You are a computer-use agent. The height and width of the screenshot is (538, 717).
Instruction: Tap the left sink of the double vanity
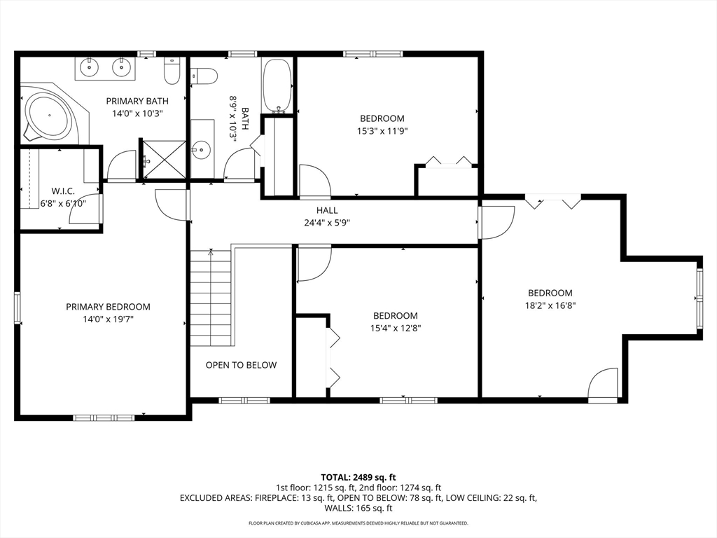coord(89,68)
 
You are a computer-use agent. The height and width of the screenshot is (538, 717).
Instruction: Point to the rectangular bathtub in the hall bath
coord(277,85)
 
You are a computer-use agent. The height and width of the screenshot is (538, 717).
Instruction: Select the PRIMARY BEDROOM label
coord(108,307)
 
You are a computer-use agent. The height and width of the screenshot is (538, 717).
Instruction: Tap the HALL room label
coord(326,210)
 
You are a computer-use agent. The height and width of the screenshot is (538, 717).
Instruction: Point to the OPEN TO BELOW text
coord(241,365)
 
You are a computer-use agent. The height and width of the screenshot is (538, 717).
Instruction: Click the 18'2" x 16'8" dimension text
coord(550,305)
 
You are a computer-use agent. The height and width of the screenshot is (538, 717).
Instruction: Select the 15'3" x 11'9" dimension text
coord(382,130)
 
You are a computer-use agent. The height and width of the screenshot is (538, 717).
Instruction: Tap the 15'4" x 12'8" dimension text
coord(395,327)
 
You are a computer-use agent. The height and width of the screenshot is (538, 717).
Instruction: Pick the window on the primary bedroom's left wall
coord(18,308)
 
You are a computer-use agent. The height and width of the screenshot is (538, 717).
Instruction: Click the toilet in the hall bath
coord(204,74)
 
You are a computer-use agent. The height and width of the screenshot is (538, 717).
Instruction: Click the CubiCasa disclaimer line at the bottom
coord(358,523)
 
